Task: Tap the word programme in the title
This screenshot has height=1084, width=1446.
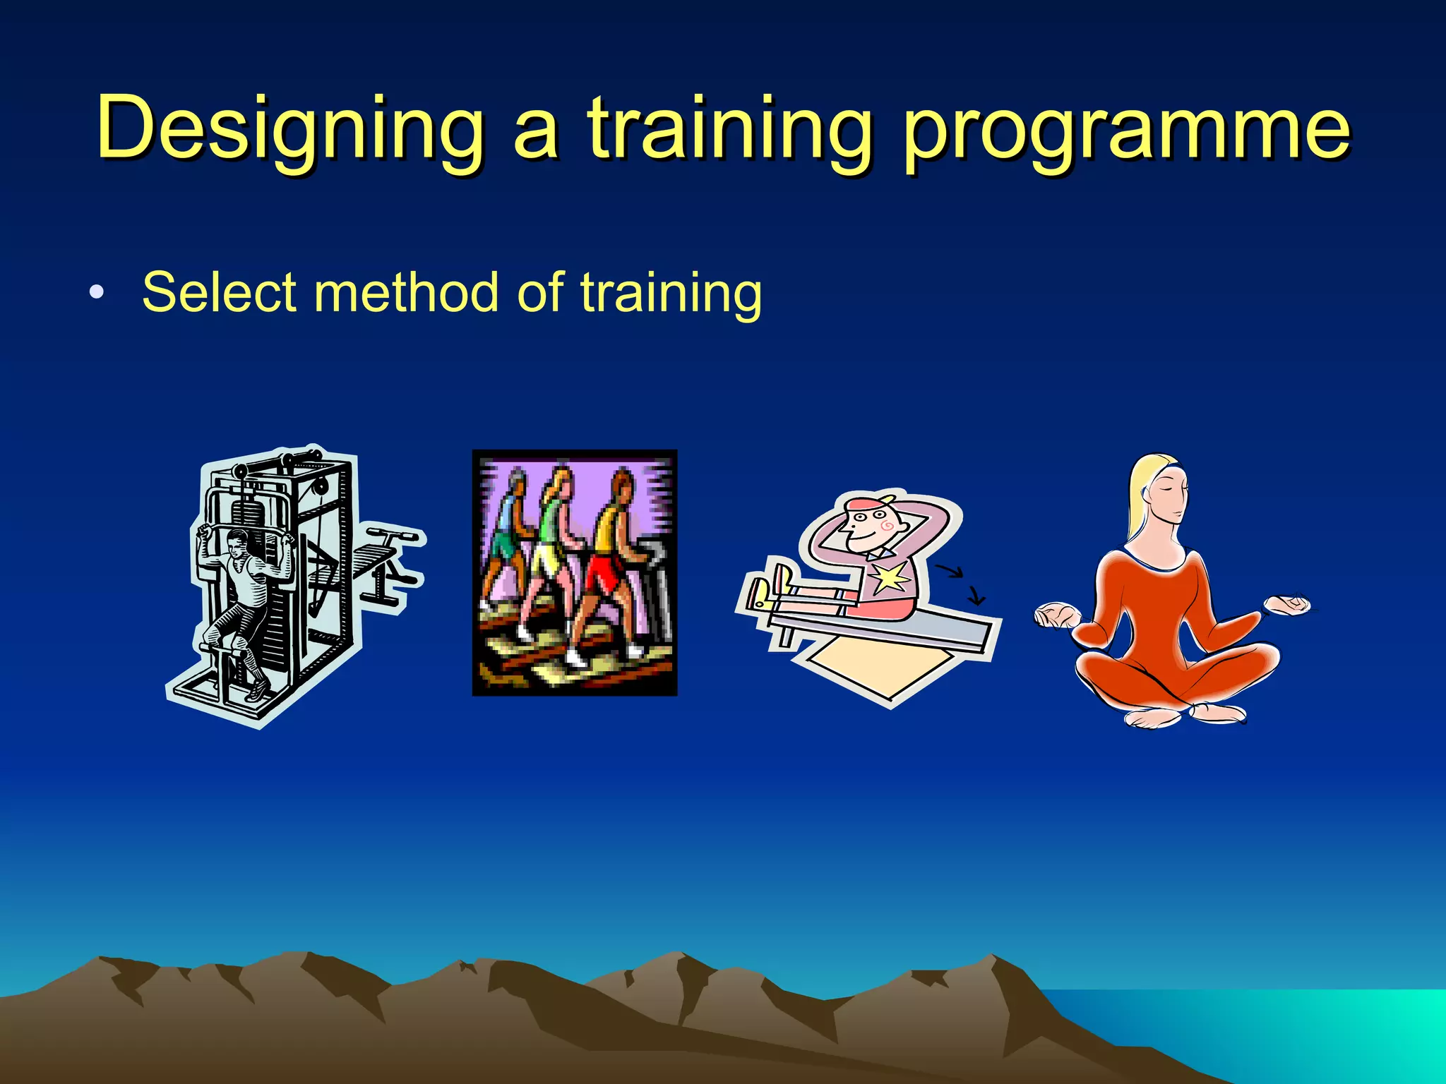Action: pos(1126,131)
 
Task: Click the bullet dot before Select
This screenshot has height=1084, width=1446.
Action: pos(97,293)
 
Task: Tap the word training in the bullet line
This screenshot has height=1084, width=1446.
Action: pos(671,293)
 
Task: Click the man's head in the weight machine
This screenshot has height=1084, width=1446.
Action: pos(237,543)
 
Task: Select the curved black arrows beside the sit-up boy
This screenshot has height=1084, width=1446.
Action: pos(964,583)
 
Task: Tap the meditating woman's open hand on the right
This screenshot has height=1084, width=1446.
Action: pos(1286,605)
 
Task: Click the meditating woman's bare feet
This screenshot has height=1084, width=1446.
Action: pos(1186,715)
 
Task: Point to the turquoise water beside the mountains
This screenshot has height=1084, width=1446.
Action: pos(1306,1030)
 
